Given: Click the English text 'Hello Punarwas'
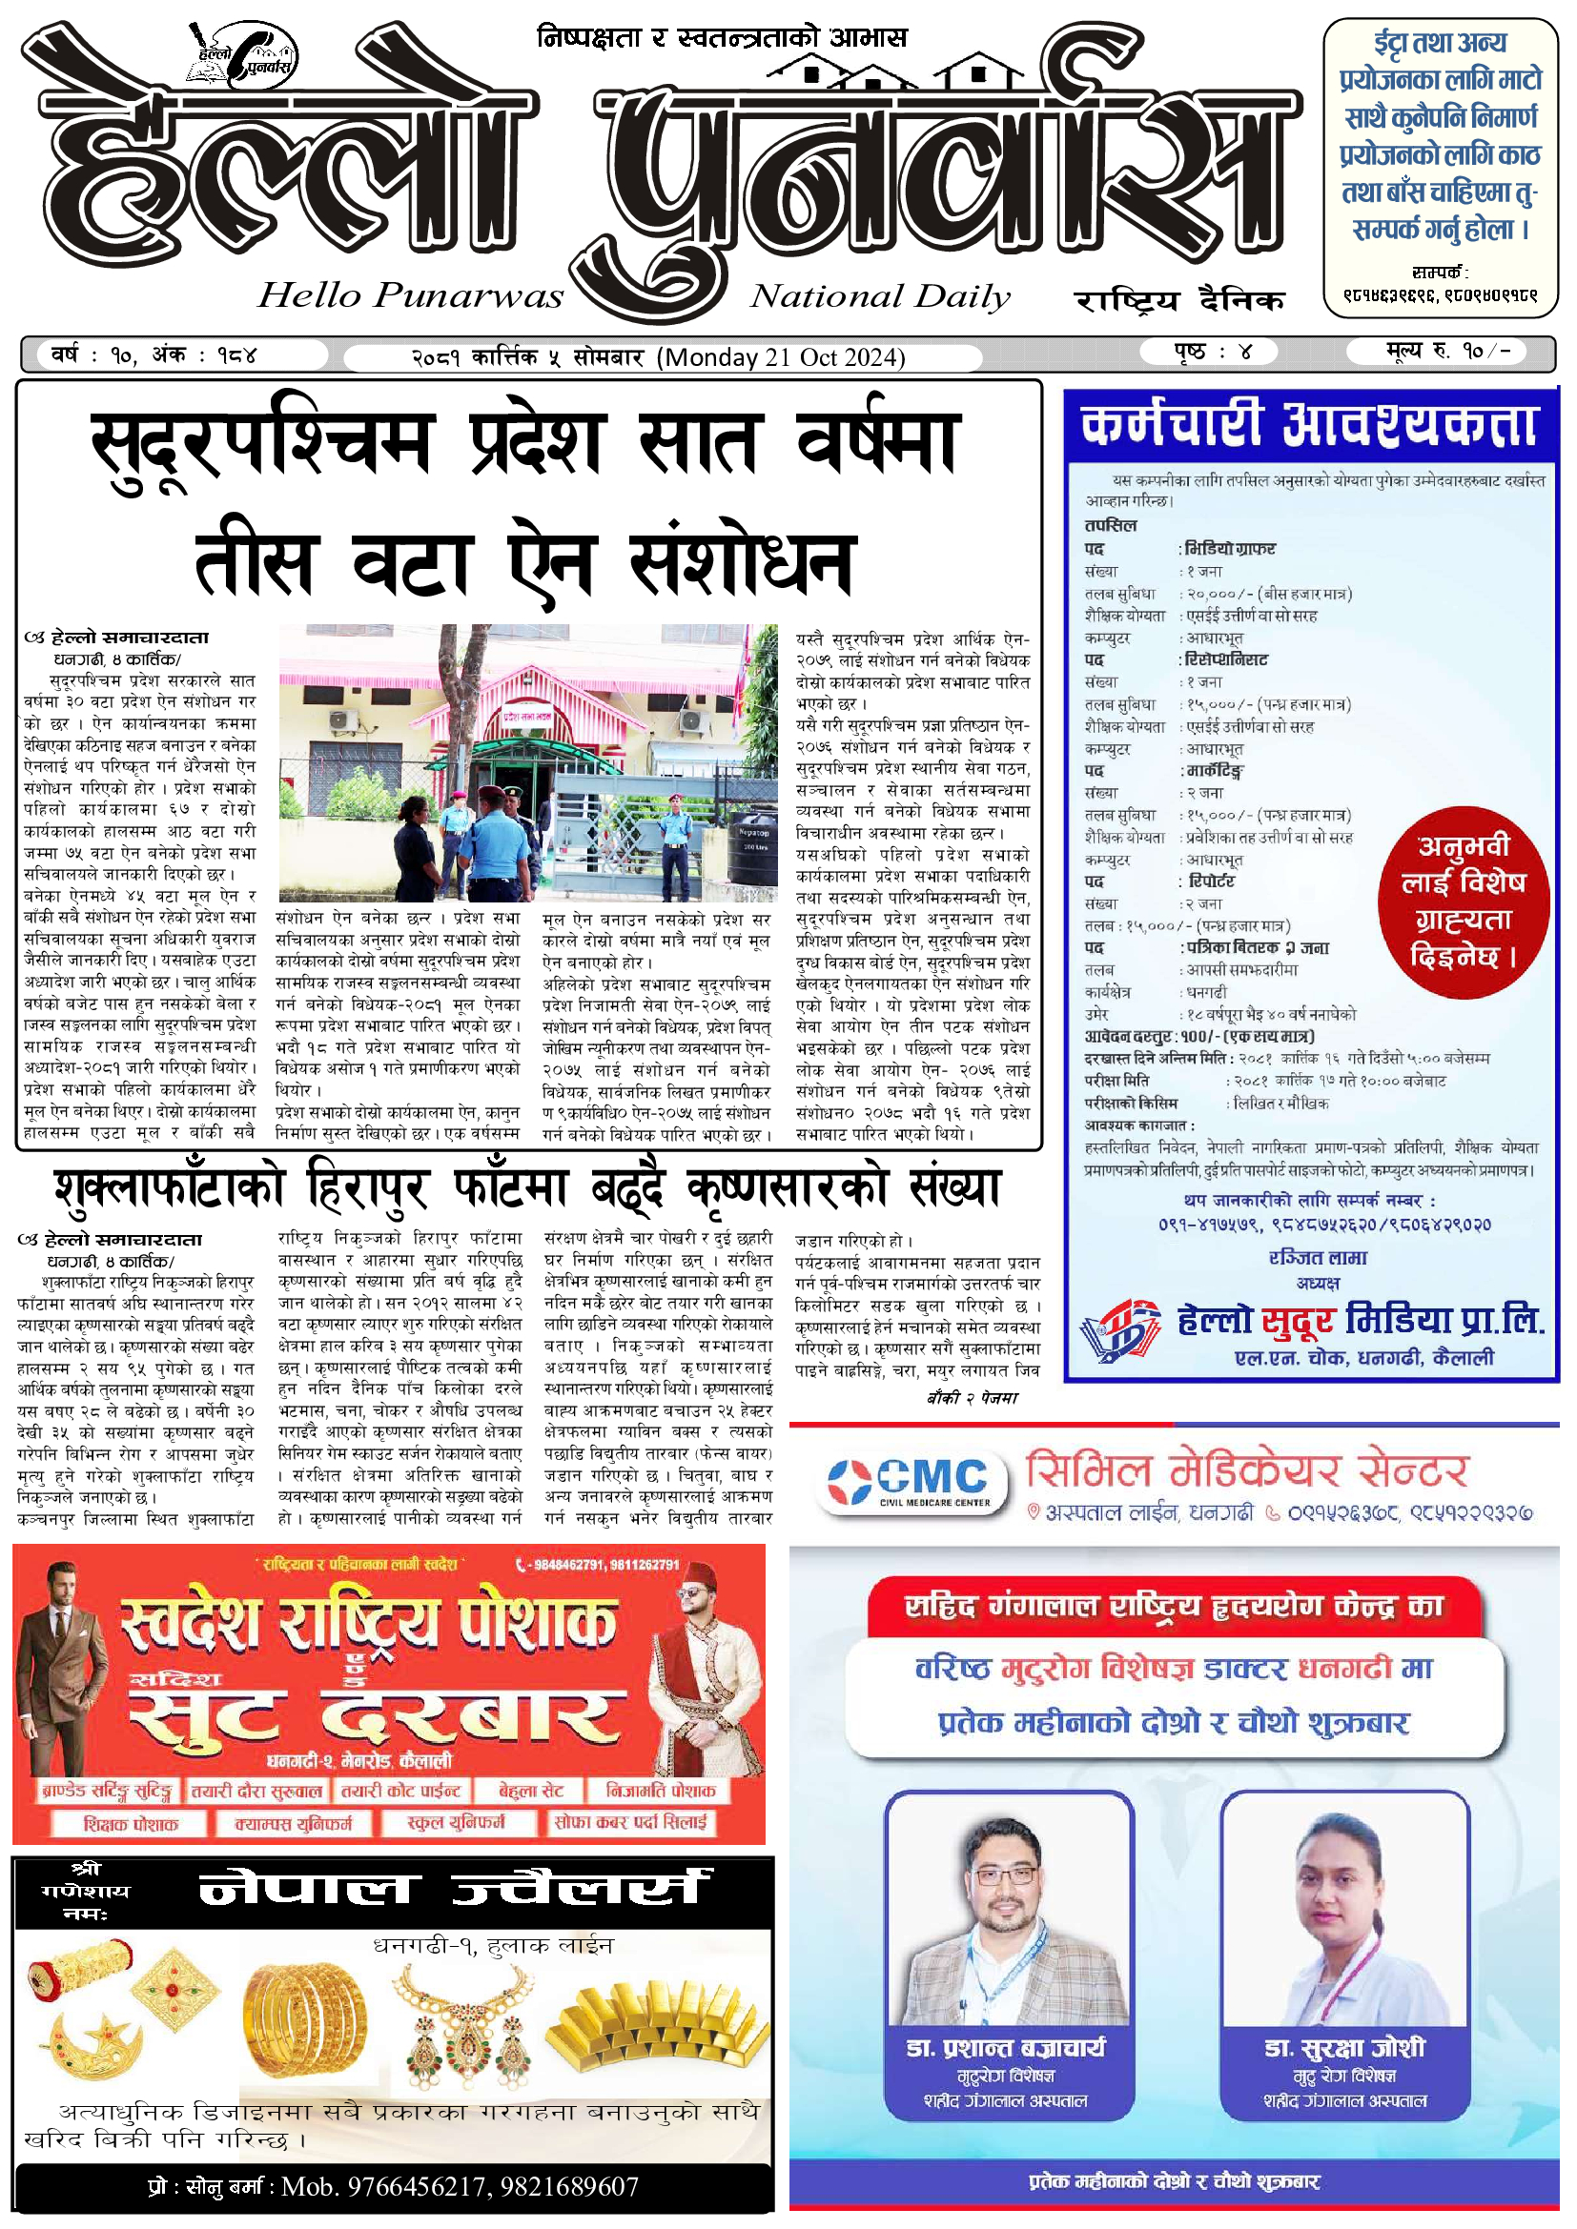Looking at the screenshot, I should tap(410, 295).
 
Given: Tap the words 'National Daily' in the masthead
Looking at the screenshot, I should tap(880, 296).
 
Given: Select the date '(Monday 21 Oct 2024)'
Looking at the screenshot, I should tap(781, 357).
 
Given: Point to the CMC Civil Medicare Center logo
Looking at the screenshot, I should tap(908, 1483).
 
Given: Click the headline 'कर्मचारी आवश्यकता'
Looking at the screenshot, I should tap(1310, 424).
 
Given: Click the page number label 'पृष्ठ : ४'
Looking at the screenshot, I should tap(1213, 352).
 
